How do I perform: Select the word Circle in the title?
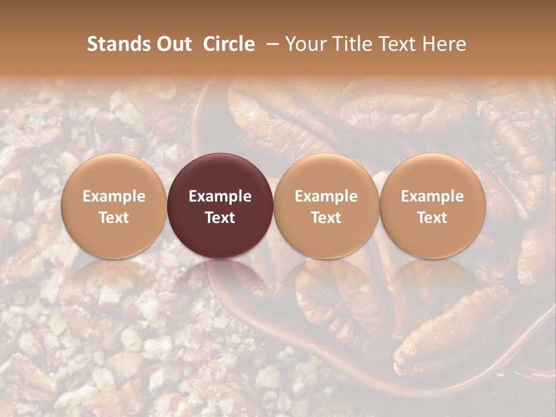[229, 44]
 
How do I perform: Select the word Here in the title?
[444, 44]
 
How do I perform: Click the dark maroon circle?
[220, 174]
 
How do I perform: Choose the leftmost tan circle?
[114, 174]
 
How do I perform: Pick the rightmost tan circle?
[433, 174]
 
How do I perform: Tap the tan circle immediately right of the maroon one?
[326, 174]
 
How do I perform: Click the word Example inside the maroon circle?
[220, 196]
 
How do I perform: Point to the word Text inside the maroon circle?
[220, 218]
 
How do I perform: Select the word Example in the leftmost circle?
[114, 196]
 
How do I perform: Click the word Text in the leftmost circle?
[114, 218]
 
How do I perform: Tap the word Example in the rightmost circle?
[433, 196]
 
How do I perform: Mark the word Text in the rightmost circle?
[433, 218]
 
